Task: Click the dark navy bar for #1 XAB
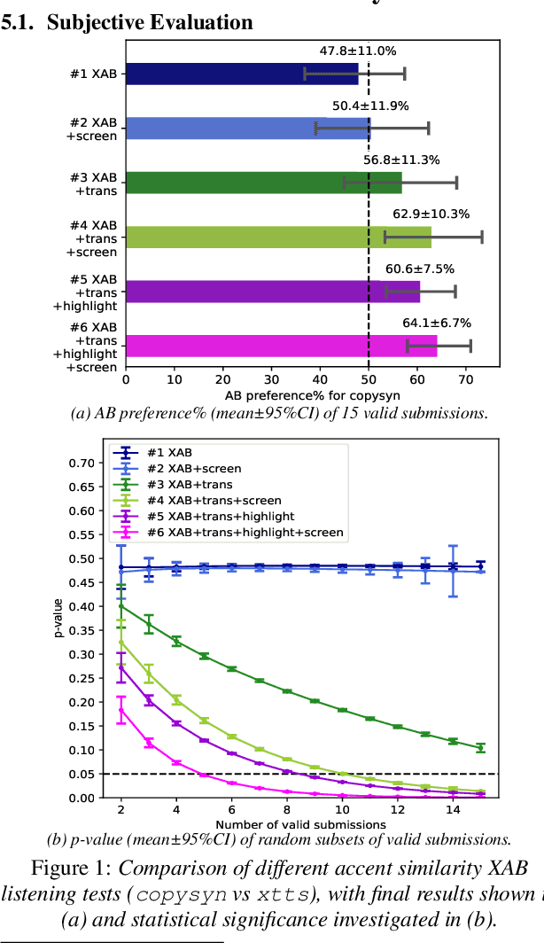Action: point(241,74)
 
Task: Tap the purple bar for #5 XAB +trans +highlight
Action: point(272,292)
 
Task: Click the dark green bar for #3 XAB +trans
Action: point(263,183)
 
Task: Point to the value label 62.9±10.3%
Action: point(431,214)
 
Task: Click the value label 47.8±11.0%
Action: point(358,51)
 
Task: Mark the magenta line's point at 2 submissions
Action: point(120,710)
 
